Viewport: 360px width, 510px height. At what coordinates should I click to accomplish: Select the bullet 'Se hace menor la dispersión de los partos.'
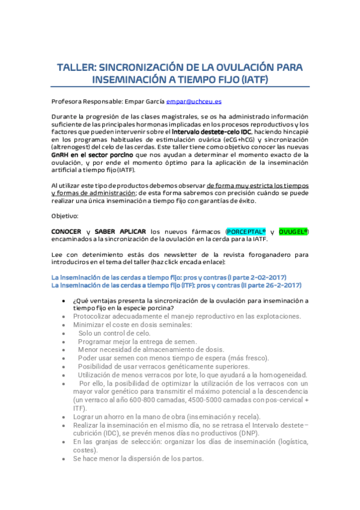pyautogui.click(x=138, y=458)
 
